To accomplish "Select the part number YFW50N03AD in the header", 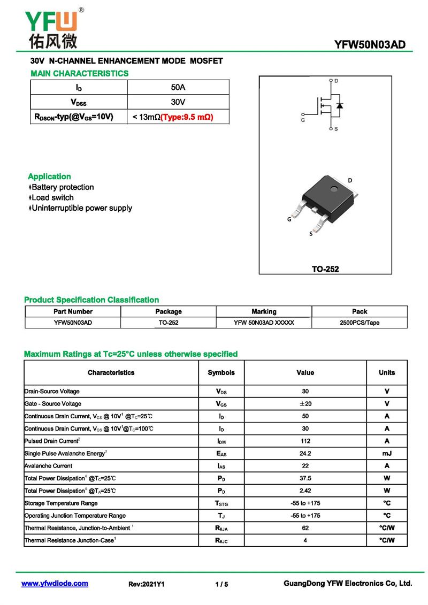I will pyautogui.click(x=370, y=44).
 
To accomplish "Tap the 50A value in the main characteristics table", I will pyautogui.click(x=178, y=87).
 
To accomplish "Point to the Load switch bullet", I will pyautogui.click(x=52, y=197).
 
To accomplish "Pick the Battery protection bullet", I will pyautogui.click(x=63, y=187).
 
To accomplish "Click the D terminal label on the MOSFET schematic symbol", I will pyautogui.click(x=336, y=81).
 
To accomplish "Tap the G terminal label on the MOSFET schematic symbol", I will pyautogui.click(x=303, y=120).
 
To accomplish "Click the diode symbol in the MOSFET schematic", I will pyautogui.click(x=339, y=105).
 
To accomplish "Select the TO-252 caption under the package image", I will pyautogui.click(x=325, y=269).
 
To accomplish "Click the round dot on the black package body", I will pyautogui.click(x=333, y=189).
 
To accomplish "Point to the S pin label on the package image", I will pyautogui.click(x=311, y=234).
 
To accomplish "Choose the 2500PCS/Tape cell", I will pyautogui.click(x=360, y=323).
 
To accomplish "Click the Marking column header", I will pyautogui.click(x=264, y=311).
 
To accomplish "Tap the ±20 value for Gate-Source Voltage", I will pyautogui.click(x=305, y=404).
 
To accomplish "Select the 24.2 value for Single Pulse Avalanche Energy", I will pyautogui.click(x=305, y=454).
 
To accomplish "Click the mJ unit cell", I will pyautogui.click(x=387, y=454).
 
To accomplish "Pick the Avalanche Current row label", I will pyautogui.click(x=48, y=466).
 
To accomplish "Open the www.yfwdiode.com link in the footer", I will pyautogui.click(x=55, y=584).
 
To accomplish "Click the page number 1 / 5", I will pyautogui.click(x=221, y=584).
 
